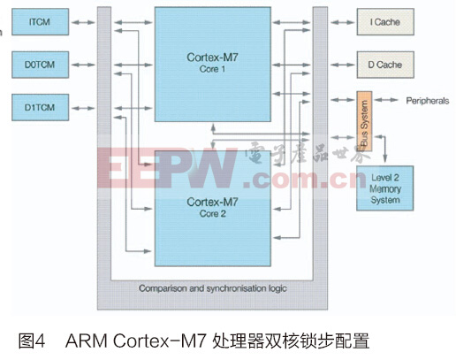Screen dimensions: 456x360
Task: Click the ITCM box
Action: click(40, 22)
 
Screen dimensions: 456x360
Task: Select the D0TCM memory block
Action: click(40, 65)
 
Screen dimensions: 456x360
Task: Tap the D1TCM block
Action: click(40, 107)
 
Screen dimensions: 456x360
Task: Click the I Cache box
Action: click(385, 22)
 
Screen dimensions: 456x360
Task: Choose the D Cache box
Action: click(385, 65)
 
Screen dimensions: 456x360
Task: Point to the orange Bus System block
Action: click(364, 121)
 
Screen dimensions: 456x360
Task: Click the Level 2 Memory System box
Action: click(384, 188)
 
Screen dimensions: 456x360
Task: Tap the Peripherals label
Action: click(428, 101)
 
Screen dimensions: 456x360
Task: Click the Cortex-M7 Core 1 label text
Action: click(212, 63)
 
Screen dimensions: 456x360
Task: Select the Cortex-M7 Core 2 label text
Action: click(212, 207)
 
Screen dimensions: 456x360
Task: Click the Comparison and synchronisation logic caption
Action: click(213, 288)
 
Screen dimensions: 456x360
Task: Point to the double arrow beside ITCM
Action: click(83, 22)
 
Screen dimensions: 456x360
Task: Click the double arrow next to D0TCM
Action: click(83, 65)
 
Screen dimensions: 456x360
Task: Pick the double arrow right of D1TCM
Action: click(83, 108)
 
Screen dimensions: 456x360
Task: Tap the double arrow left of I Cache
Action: click(342, 22)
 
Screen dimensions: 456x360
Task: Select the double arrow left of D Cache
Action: click(342, 65)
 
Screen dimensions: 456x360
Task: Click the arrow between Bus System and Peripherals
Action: click(386, 100)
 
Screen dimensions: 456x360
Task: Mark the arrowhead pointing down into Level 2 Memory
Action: click(384, 159)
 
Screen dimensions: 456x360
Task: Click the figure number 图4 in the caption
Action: click(32, 341)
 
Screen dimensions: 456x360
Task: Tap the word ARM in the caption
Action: click(87, 341)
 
